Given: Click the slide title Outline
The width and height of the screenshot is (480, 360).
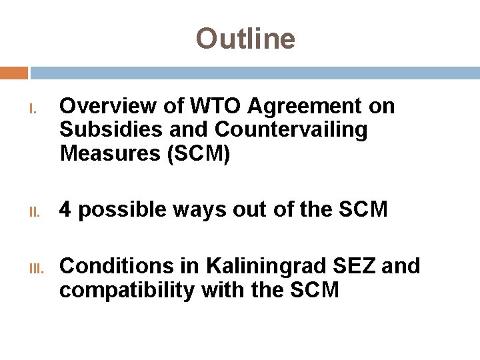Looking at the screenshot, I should [245, 39].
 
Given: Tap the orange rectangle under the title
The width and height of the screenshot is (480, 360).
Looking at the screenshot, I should [14, 73].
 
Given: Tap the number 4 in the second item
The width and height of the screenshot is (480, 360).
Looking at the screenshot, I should [65, 210].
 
